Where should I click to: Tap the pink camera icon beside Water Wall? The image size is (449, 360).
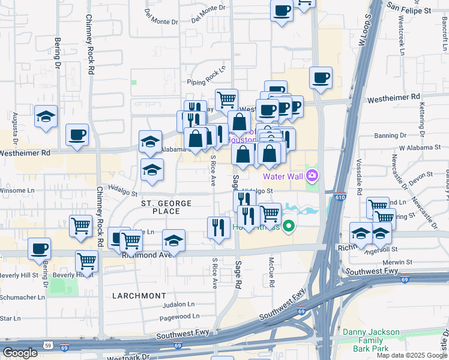tap(312, 176)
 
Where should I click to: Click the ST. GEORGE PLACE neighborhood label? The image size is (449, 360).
tap(166, 207)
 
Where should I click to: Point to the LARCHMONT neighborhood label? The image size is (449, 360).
tap(139, 296)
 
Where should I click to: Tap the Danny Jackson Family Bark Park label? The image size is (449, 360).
tap(371, 340)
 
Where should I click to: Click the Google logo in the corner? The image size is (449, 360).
tap(20, 353)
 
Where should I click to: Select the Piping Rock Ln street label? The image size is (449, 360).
tap(205, 76)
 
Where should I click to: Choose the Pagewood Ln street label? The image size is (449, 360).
tap(180, 316)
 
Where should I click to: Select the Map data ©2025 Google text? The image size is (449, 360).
tap(412, 355)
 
